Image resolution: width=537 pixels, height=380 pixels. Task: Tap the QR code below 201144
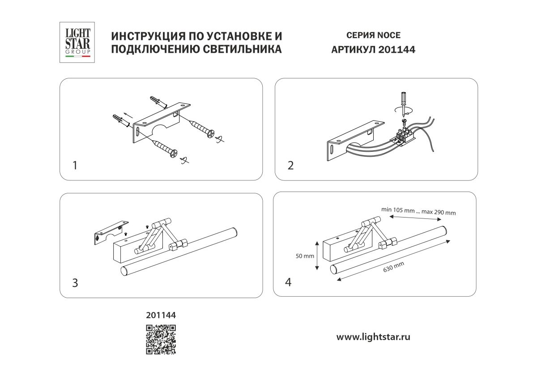click(x=160, y=339)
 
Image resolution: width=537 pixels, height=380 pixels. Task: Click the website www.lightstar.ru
click(x=373, y=337)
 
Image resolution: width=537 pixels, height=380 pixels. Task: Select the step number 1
click(x=75, y=166)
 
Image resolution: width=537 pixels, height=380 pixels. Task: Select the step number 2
click(x=290, y=166)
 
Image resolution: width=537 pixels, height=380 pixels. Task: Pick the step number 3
click(x=75, y=283)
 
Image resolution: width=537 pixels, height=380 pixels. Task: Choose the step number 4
click(x=289, y=282)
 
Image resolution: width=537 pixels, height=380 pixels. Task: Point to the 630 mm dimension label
click(x=394, y=267)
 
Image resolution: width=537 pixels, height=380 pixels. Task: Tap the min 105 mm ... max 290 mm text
click(x=418, y=211)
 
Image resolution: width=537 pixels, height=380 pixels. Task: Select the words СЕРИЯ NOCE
click(x=373, y=35)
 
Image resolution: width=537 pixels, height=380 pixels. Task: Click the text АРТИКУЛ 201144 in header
click(x=373, y=50)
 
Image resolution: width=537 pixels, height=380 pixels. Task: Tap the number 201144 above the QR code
click(x=161, y=315)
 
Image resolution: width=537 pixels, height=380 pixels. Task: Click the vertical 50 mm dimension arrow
click(x=316, y=256)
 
